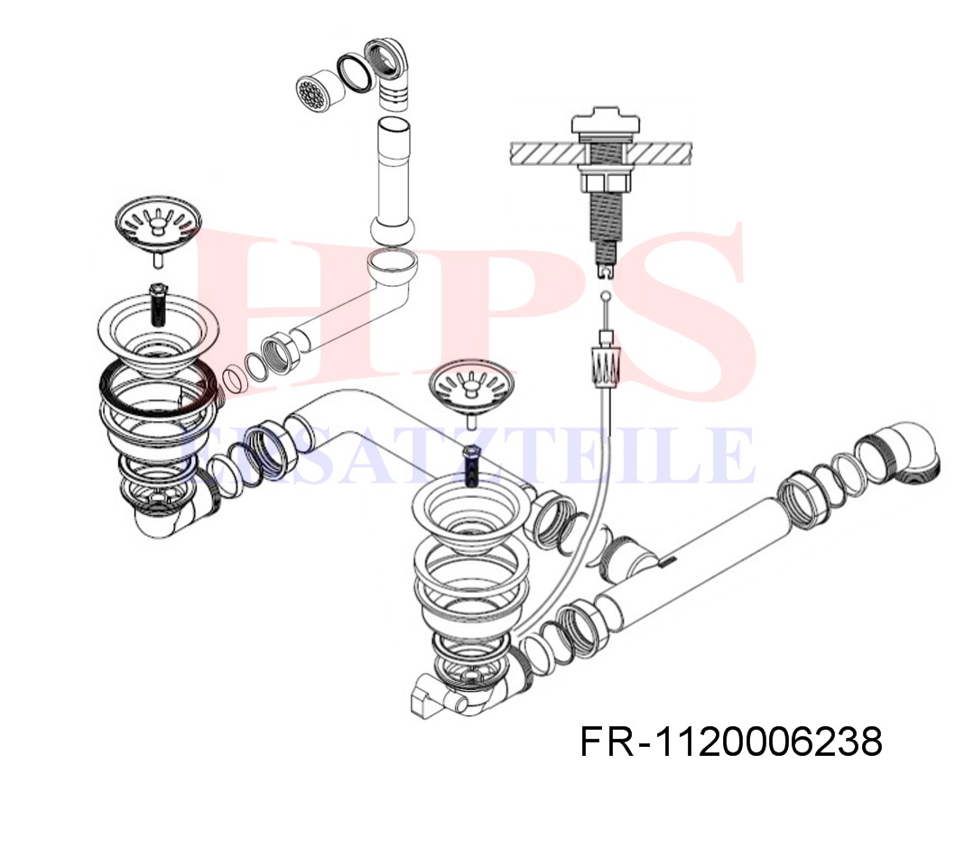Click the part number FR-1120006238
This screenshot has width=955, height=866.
[731, 742]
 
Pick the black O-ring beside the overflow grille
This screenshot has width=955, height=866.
[355, 73]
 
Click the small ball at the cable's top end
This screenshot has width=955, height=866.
[605, 297]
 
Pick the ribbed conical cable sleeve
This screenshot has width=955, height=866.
[606, 365]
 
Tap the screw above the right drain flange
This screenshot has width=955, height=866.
[471, 466]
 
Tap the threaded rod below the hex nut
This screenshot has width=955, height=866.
[606, 226]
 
